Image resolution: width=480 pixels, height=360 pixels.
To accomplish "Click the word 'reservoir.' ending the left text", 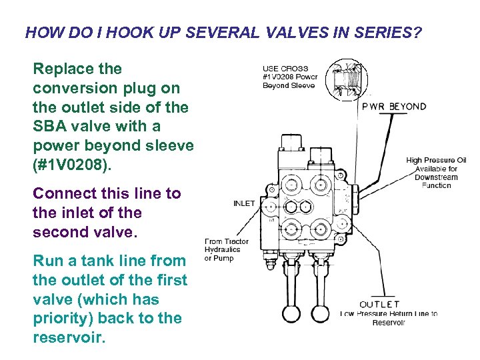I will (x=69, y=337).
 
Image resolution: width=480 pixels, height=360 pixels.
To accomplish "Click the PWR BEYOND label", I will (x=394, y=107).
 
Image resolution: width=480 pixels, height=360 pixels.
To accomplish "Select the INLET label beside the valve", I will (x=244, y=203).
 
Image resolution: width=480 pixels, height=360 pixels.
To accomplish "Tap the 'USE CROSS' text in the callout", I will (x=285, y=68).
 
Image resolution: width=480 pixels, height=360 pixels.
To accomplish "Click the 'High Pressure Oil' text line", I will (x=436, y=160).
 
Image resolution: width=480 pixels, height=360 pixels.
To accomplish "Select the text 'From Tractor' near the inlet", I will (x=227, y=241).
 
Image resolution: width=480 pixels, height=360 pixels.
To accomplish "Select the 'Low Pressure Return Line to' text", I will (x=389, y=314).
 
